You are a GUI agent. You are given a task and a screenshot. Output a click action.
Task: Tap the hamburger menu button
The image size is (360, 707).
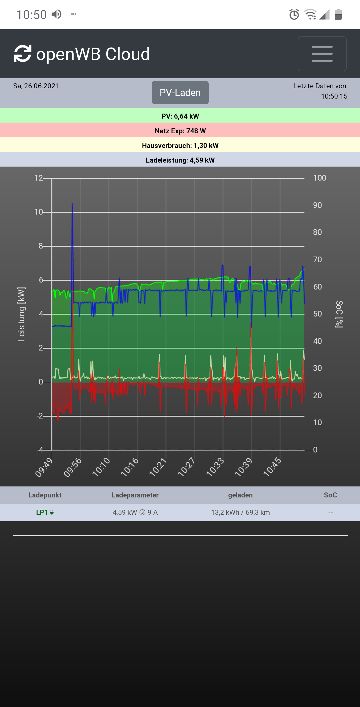322,54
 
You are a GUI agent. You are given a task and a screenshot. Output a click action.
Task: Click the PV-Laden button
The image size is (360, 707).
180,93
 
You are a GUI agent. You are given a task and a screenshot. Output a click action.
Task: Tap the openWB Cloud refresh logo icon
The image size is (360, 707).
23,54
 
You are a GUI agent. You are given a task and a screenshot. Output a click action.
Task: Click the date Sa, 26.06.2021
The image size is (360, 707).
36,86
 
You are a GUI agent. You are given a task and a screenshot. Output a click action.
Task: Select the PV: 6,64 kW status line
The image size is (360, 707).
180,116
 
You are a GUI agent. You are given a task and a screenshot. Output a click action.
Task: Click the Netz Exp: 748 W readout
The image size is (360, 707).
180,131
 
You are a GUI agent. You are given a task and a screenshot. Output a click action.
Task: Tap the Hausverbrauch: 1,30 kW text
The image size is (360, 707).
180,146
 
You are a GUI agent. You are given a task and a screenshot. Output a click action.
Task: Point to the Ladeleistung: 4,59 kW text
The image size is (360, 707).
180,160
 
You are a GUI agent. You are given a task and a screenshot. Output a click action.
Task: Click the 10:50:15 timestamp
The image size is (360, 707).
334,96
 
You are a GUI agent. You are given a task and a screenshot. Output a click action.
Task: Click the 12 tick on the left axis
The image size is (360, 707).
39,178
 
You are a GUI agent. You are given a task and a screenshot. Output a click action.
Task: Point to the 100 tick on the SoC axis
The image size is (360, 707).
319,178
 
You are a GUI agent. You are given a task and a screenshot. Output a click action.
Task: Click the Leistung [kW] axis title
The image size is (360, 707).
21,314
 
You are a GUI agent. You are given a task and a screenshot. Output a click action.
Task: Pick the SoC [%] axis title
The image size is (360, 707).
339,314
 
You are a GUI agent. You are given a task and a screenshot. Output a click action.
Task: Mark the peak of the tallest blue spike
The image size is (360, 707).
72,204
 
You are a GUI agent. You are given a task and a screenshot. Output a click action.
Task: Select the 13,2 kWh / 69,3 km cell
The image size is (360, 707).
240,512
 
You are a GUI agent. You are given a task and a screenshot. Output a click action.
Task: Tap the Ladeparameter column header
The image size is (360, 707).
135,495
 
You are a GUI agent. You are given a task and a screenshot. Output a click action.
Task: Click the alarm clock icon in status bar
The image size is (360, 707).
294,14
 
